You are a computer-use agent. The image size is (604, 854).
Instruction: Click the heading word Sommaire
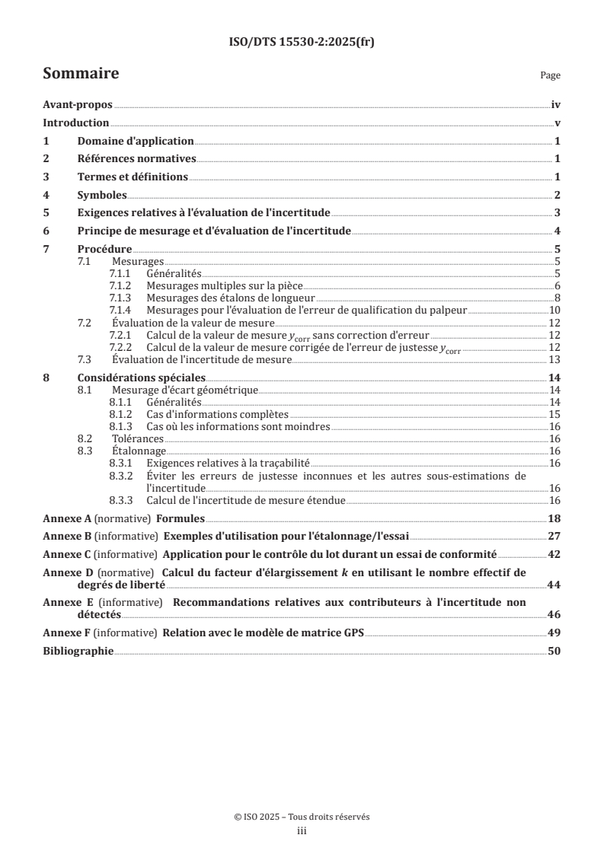coord(80,74)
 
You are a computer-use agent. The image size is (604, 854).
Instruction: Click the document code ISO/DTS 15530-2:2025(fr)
coord(302,43)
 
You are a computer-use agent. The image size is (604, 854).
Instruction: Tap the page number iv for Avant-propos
coord(556,107)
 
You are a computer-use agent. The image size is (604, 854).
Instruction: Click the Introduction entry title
coord(76,123)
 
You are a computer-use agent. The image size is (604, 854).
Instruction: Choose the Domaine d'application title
coord(136,142)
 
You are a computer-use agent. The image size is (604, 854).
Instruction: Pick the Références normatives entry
coord(137,159)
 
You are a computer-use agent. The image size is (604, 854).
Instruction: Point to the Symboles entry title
coord(102,195)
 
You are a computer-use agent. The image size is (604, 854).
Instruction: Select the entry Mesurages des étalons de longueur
coord(231,298)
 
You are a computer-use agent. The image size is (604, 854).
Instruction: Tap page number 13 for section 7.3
coord(555,359)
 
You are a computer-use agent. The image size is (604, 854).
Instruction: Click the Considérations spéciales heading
coord(142,378)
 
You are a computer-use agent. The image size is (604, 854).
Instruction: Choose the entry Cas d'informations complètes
coord(217,415)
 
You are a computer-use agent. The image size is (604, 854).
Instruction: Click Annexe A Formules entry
coord(123,518)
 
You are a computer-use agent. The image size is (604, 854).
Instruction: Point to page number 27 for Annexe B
coord(554,536)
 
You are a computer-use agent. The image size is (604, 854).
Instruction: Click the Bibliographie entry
coord(78,652)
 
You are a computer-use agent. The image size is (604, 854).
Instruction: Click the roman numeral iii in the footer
coord(302,832)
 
